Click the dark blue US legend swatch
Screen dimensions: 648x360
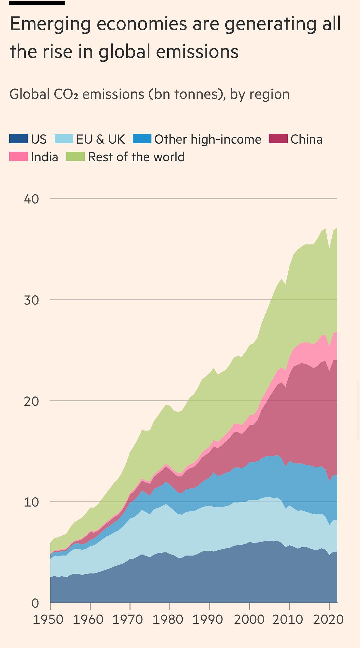18,139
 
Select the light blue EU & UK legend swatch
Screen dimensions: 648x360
64,139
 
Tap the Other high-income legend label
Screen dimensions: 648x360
208,139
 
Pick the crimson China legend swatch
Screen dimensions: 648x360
278,139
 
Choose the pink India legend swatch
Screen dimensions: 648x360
18,157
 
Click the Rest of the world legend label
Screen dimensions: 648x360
136,157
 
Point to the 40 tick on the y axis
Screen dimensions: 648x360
31,199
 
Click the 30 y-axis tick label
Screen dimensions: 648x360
31,300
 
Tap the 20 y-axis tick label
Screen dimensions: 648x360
31,401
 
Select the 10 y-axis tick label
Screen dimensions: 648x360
31,502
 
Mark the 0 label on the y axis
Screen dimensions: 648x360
35,603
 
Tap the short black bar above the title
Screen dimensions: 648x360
37,3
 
